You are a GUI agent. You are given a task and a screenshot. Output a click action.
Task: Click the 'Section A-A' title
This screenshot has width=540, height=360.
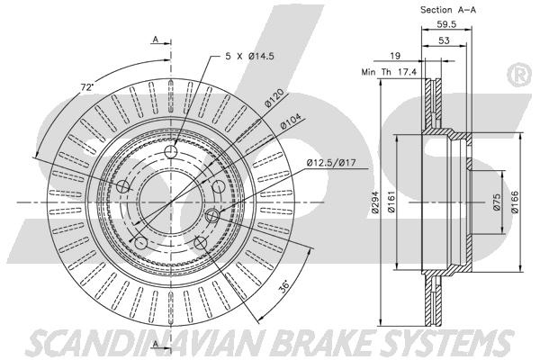447,10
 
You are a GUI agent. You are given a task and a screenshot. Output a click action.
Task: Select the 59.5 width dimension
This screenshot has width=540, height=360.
446,24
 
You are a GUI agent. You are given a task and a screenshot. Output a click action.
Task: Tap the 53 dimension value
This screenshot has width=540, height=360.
445,40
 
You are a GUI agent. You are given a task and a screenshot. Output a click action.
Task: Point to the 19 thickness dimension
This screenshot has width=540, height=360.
395,56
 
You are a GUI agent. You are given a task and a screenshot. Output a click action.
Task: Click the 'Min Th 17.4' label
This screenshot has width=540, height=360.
389,72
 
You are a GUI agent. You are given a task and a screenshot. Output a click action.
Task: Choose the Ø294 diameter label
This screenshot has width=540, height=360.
375,202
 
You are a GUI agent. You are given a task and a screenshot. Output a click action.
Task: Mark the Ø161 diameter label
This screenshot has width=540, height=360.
391,202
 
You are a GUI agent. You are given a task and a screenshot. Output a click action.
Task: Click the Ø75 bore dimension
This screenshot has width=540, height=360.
496,202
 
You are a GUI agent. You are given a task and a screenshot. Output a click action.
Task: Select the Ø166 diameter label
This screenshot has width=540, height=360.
514,202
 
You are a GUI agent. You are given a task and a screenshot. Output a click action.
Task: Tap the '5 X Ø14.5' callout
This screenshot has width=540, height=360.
249,56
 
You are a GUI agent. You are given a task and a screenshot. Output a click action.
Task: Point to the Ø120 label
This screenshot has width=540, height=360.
274,98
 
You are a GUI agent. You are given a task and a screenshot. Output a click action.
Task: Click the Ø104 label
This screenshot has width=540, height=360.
291,121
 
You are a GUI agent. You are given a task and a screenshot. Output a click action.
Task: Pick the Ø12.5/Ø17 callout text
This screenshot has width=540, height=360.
331,162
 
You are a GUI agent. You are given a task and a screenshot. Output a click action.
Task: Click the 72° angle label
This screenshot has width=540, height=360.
87,87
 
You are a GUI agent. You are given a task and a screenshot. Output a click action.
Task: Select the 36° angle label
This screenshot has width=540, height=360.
284,286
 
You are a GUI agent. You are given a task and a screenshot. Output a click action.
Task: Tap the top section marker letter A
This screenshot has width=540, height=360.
156,40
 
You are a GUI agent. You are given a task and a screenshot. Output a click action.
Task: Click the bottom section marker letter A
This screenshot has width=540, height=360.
156,344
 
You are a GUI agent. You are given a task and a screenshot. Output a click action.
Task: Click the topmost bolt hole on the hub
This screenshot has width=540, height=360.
170,151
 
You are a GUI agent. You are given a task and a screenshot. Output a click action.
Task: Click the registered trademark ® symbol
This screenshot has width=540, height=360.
519,74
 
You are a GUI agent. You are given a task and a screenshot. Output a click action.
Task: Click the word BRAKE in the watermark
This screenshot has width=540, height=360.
324,342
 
